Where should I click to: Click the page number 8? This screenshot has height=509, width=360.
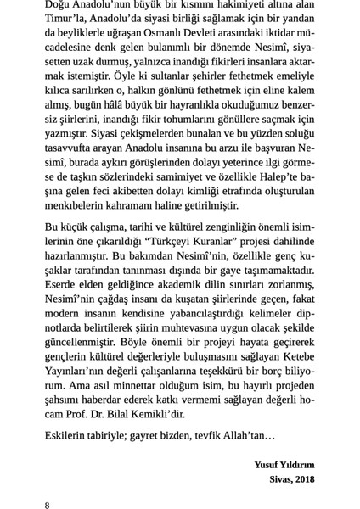coord(48,504)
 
